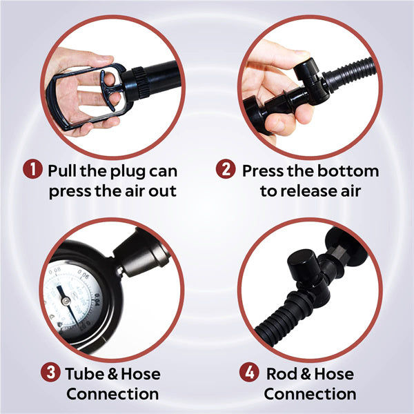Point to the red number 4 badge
click(x=248, y=373)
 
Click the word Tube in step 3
click(x=83, y=374)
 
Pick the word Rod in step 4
click(x=282, y=374)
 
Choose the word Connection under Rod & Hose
click(x=310, y=394)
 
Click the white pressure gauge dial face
click(x=62, y=293)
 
